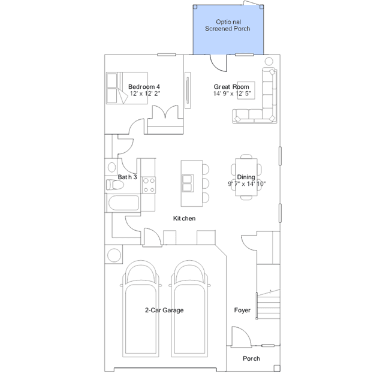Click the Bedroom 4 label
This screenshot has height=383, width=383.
click(x=144, y=87)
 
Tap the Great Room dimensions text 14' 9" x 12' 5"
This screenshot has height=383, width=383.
click(x=232, y=94)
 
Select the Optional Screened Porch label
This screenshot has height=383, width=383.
click(x=228, y=25)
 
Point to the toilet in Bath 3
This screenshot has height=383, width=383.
click(x=115, y=185)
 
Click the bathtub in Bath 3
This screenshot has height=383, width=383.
click(x=123, y=203)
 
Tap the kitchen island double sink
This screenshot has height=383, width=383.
click(x=188, y=183)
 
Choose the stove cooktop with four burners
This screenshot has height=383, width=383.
click(x=149, y=185)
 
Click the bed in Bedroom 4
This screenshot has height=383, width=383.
click(x=127, y=88)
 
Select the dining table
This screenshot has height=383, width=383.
click(x=246, y=177)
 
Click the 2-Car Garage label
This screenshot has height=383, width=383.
click(x=164, y=310)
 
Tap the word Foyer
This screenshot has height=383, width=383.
click(x=242, y=310)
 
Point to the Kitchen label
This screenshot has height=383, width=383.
click(x=184, y=218)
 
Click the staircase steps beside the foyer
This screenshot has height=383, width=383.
click(x=269, y=304)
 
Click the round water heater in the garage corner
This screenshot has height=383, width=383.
click(x=114, y=255)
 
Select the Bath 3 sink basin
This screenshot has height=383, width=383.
click(x=111, y=167)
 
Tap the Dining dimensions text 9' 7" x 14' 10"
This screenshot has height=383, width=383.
click(x=247, y=183)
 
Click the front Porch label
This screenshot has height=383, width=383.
click(x=251, y=358)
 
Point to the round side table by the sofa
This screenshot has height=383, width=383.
click(x=269, y=61)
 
